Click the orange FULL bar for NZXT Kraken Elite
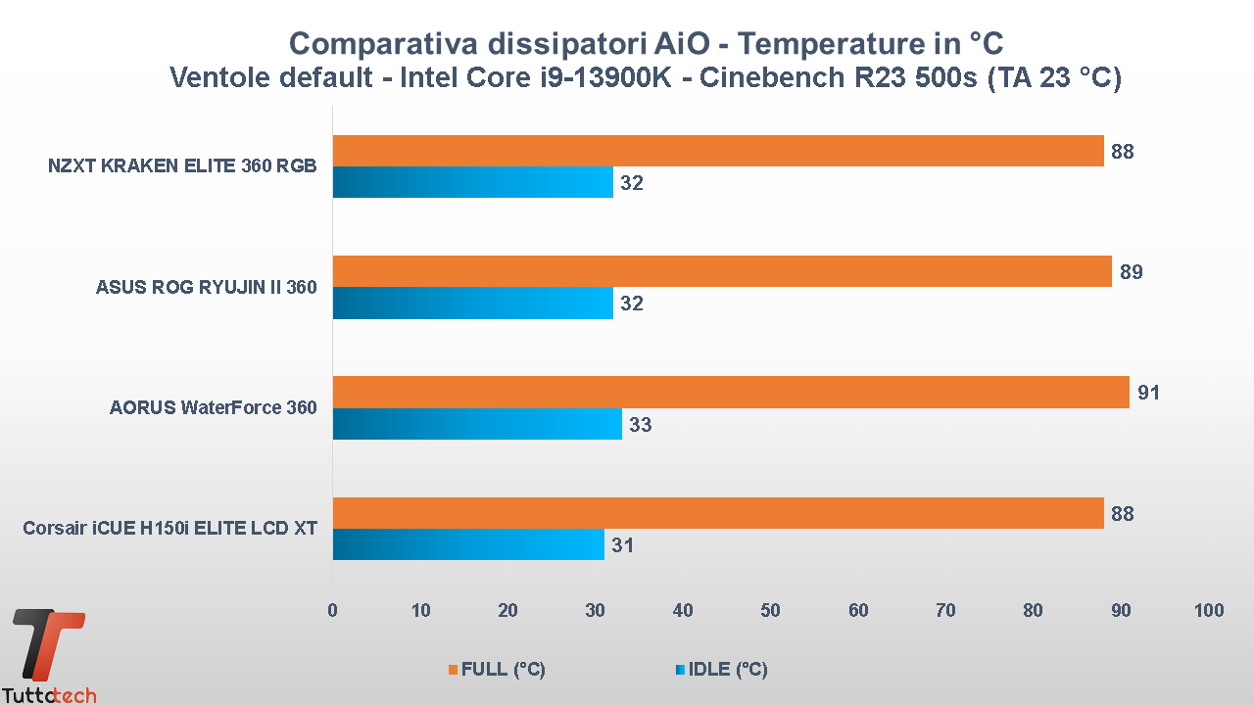point(718,151)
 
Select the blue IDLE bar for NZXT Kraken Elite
point(473,182)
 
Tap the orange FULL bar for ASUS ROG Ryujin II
point(722,271)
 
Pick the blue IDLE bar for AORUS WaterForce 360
point(477,424)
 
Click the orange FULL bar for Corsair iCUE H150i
point(718,513)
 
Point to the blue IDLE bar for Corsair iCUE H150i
point(468,544)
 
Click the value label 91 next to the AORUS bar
point(1148,393)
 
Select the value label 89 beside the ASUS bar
point(1131,272)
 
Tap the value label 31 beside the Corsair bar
point(623,545)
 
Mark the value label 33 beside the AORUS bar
point(641,425)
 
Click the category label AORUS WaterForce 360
point(214,407)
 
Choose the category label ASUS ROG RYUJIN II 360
point(207,287)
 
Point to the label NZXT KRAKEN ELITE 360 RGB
point(182,166)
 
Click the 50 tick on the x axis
point(771,611)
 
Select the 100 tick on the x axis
point(1209,611)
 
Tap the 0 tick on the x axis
point(333,611)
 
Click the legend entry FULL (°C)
point(497,670)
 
